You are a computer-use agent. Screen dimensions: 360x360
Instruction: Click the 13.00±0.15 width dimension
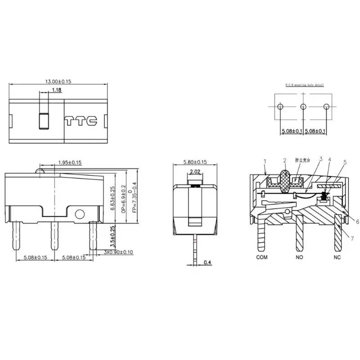tap(58, 81)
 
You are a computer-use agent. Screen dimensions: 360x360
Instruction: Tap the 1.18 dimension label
tap(57, 90)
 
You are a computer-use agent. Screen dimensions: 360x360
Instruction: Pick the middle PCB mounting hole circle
tap(303, 107)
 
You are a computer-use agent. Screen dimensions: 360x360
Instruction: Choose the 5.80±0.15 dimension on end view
tap(195, 162)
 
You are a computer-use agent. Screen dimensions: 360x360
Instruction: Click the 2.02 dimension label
tap(196, 171)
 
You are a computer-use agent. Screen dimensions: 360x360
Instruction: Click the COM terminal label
tap(262, 257)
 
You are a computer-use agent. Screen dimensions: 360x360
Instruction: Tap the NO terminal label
tap(299, 257)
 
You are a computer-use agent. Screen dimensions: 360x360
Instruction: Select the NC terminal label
tap(337, 257)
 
